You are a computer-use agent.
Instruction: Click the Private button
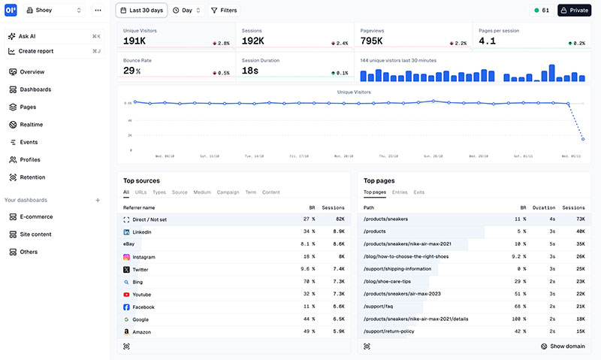(574, 11)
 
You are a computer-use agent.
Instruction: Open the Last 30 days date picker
(140, 11)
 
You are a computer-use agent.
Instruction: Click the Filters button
(223, 11)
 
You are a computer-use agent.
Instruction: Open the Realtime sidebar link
(31, 125)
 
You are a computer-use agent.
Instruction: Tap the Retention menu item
(32, 177)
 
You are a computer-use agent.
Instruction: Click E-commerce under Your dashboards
(36, 216)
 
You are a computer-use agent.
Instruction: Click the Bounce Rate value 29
(129, 71)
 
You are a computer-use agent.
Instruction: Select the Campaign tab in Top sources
(228, 192)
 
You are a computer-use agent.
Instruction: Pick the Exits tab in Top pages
(418, 192)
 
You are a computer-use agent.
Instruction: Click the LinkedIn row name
(142, 233)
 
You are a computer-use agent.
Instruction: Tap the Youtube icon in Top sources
(126, 295)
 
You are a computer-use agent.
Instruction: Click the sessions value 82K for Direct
(338, 219)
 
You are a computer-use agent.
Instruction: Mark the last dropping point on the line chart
(582, 139)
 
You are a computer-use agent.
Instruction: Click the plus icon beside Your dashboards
(98, 200)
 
